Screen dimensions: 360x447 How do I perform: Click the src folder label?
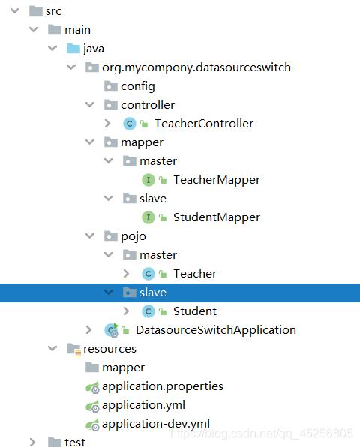(53, 11)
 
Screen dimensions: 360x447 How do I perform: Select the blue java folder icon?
(73, 49)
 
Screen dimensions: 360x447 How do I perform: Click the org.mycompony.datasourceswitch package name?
(196, 67)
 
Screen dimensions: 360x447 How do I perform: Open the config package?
(138, 86)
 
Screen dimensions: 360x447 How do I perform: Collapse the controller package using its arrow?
(90, 104)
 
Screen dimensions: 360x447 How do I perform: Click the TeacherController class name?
(204, 124)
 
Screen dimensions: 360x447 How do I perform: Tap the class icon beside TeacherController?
(130, 124)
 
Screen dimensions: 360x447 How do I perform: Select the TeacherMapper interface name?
(217, 180)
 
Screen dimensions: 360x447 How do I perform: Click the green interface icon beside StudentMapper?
(148, 217)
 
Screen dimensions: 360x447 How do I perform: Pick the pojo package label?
(133, 236)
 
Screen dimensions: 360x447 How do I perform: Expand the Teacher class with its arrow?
(126, 274)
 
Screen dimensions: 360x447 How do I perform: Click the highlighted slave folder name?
(153, 292)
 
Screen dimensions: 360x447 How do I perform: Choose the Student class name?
(195, 311)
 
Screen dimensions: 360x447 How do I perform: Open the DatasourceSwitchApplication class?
(216, 330)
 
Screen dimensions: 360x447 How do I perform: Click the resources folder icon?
(73, 349)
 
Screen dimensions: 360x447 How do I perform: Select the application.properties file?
(163, 386)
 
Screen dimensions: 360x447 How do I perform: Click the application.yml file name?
(143, 406)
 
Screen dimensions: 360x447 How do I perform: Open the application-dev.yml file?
(156, 424)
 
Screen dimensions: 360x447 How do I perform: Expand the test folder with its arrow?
(33, 442)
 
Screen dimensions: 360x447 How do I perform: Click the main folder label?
(77, 30)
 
